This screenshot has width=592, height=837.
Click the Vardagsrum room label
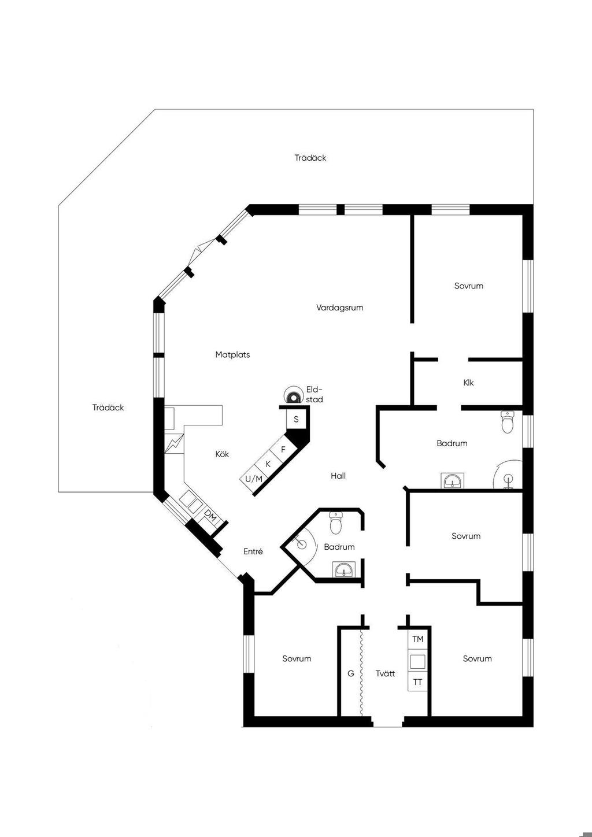tap(339, 308)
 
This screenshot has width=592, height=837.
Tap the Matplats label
tap(232, 355)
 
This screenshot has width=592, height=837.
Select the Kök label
tap(222, 454)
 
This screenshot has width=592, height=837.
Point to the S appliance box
tap(296, 419)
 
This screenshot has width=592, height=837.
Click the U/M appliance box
tap(253, 479)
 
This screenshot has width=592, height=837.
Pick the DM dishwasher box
tap(210, 516)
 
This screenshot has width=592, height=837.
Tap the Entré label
tap(253, 551)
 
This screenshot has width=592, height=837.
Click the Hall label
tap(338, 476)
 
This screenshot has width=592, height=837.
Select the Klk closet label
tap(468, 383)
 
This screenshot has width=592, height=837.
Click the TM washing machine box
tap(417, 639)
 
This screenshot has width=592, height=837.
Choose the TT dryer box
tap(417, 682)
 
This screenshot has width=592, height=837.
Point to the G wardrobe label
tap(350, 673)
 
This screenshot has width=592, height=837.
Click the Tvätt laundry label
tap(385, 673)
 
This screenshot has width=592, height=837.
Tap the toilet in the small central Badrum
tap(336, 524)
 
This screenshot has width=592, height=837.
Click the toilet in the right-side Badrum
tap(508, 423)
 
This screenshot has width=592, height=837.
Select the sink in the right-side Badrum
tap(452, 480)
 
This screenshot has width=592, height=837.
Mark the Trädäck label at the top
tap(310, 158)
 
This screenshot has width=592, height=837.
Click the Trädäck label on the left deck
tap(108, 408)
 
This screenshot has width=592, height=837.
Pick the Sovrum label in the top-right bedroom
tap(468, 286)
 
